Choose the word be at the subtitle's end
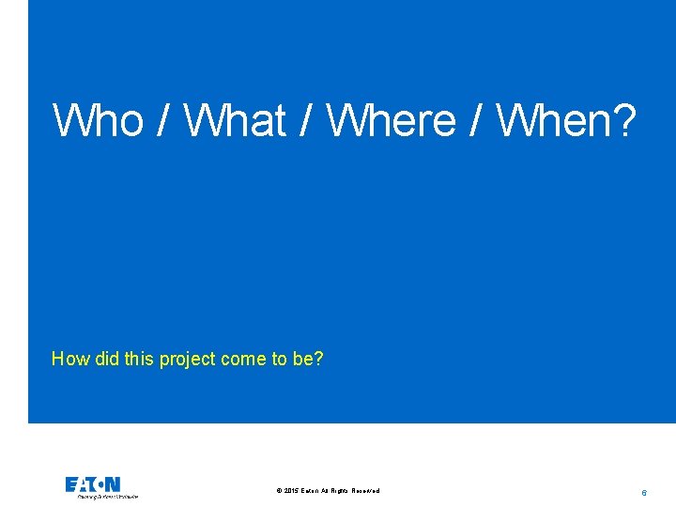click(307, 359)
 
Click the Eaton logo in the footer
click(93, 484)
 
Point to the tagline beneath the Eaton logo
click(107, 497)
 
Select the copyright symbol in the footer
click(279, 491)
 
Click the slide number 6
click(644, 492)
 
